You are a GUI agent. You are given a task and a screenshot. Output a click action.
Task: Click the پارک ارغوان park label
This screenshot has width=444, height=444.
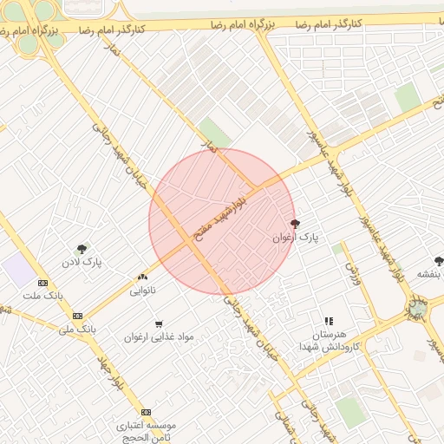(x=296, y=237)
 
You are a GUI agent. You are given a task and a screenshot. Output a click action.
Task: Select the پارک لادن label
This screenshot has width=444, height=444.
(x=82, y=262)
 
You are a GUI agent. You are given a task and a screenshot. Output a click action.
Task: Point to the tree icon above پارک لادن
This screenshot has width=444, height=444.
(x=82, y=249)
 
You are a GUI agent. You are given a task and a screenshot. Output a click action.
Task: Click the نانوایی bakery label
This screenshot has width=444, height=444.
(x=143, y=291)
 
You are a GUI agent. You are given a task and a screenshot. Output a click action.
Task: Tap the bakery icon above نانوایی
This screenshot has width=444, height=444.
(x=141, y=277)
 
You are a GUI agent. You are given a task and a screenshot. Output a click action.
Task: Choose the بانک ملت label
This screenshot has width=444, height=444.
(x=43, y=297)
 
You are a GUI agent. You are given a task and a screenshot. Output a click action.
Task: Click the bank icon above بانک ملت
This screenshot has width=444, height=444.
(x=42, y=284)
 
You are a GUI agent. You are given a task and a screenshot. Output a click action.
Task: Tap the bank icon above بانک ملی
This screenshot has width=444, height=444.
(x=78, y=317)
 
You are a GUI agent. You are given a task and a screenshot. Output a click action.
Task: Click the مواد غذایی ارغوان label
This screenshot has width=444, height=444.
(x=159, y=336)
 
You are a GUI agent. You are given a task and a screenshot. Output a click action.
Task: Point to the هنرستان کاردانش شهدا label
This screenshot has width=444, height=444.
(x=327, y=340)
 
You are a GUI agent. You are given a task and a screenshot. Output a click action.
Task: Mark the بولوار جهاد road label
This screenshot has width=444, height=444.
(x=114, y=373)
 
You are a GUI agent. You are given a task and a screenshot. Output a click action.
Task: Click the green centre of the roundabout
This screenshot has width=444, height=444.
(x=418, y=307)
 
